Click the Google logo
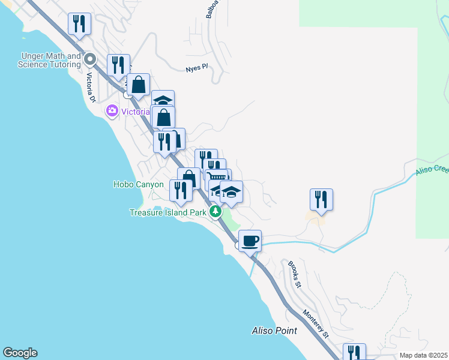point(20,353)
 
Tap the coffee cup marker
point(250,241)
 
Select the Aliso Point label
point(274,331)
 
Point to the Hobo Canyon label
point(138,184)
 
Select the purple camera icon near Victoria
point(112,111)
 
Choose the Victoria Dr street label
point(91,88)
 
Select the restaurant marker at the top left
point(79,24)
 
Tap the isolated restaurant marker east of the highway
point(321,199)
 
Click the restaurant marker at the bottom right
point(354,353)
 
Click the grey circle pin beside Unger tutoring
point(91,59)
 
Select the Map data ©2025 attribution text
point(423,355)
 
